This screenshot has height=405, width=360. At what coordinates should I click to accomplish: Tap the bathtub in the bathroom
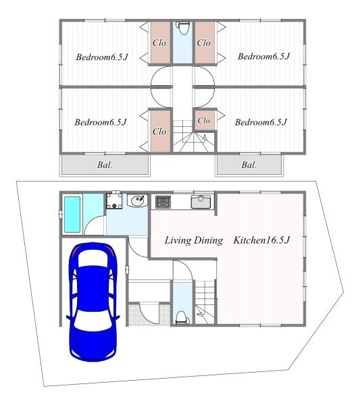[72, 215]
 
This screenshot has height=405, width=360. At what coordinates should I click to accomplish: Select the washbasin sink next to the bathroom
[138, 200]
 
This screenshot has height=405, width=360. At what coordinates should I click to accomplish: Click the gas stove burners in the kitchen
[163, 202]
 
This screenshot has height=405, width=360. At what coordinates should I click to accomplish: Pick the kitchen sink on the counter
[201, 201]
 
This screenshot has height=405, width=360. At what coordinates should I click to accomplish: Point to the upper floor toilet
[183, 28]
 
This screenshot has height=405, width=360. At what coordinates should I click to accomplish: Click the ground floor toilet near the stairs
[182, 317]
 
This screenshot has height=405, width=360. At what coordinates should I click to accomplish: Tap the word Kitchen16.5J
[261, 240]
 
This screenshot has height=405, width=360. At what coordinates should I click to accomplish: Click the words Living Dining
[194, 240]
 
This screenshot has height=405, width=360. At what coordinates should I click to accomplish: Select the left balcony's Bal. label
[105, 165]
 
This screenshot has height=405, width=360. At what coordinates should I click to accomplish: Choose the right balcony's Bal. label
[249, 165]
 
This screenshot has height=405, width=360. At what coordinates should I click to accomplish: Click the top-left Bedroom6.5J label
[102, 57]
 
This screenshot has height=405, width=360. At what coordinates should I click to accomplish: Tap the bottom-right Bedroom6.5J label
[261, 122]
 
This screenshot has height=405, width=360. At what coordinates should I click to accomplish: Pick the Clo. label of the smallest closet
[204, 120]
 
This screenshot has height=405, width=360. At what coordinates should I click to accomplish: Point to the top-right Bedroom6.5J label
[264, 56]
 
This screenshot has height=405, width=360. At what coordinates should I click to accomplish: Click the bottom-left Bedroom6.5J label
[101, 122]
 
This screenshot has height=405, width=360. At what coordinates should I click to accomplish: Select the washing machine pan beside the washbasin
[114, 200]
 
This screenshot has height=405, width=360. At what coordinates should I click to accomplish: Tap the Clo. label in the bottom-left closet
[160, 132]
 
